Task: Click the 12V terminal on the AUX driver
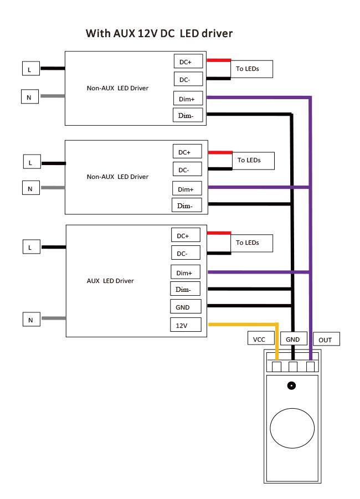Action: click(x=186, y=325)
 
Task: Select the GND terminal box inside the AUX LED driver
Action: click(x=186, y=306)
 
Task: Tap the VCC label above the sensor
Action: click(x=261, y=338)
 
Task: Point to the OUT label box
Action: click(x=327, y=339)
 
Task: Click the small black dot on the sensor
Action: click(x=291, y=385)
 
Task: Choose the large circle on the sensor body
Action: click(x=292, y=428)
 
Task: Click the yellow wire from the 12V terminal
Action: click(x=277, y=325)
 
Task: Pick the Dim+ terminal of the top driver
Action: click(x=188, y=99)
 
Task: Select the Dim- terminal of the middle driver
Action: click(x=187, y=205)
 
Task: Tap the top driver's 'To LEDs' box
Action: click(x=251, y=69)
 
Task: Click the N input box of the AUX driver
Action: click(x=32, y=320)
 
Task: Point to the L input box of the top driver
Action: click(x=31, y=69)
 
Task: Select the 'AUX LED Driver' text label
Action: click(x=110, y=281)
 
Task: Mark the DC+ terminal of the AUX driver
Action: click(x=186, y=235)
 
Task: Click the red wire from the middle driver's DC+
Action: click(x=220, y=152)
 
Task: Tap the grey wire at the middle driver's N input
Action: click(x=53, y=187)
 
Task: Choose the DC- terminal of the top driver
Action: click(x=188, y=79)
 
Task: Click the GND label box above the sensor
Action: click(x=294, y=338)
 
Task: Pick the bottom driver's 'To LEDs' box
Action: click(x=251, y=243)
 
